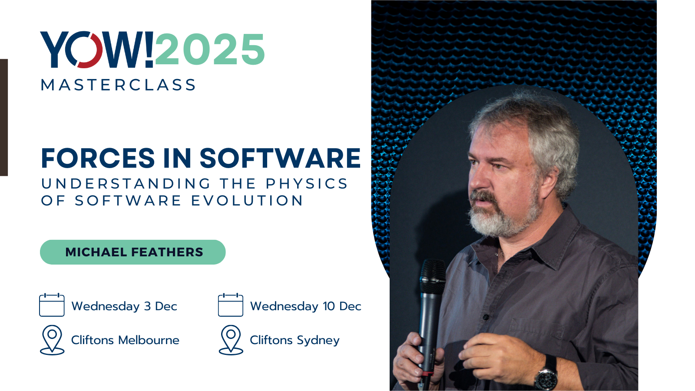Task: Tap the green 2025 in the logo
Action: tap(210, 49)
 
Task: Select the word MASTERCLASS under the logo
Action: tap(118, 85)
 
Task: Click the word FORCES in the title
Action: tap(98, 158)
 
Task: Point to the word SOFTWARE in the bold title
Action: tap(280, 158)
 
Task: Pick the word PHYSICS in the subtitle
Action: tap(307, 183)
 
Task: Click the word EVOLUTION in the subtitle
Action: tap(247, 200)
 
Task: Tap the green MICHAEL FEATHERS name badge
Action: tap(133, 252)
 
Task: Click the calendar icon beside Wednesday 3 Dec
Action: tap(52, 305)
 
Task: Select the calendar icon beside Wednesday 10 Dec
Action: tap(231, 305)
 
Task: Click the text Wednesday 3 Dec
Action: tap(124, 306)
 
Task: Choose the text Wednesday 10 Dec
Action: tap(306, 306)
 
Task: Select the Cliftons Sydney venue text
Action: tap(295, 341)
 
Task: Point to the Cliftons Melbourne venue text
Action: tap(125, 340)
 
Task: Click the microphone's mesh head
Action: tap(433, 277)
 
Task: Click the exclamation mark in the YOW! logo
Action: tap(149, 50)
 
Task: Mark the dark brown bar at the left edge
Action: tap(4, 117)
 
